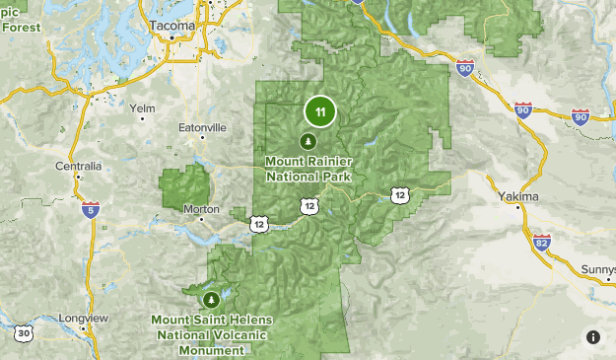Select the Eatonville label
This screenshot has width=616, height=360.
coord(203,127)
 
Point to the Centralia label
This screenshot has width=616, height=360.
coord(79,166)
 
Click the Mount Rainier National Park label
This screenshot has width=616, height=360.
coord(309,169)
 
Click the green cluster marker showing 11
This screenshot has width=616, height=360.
coord(319,111)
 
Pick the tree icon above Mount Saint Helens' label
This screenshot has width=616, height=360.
coord(209,299)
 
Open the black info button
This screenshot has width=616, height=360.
coord(593,337)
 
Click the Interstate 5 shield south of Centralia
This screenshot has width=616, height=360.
coord(91,210)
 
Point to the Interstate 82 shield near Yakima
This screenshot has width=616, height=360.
coord(540,241)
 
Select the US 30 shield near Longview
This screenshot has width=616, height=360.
coord(24,334)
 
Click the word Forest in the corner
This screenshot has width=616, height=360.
coord(20,27)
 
